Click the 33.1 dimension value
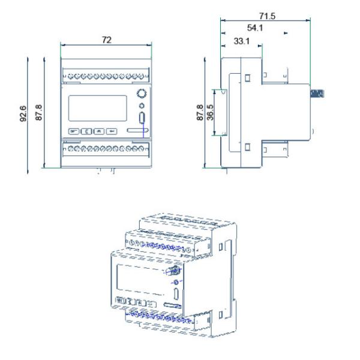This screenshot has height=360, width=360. coord(241,42)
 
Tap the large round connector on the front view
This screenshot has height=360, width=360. coord(142,94)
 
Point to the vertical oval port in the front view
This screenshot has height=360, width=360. coord(142,118)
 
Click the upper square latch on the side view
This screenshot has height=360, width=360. coord(247,78)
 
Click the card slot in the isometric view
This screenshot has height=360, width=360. coord(173,307)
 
